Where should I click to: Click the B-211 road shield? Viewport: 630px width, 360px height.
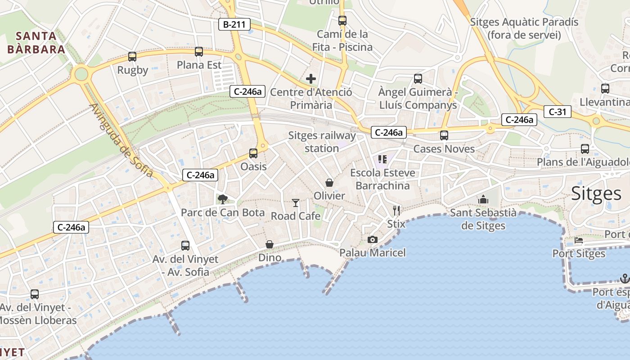pyautogui.click(x=234, y=24)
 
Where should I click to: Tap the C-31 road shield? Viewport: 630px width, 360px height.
pyautogui.click(x=557, y=112)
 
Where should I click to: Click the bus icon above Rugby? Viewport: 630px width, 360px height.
pyautogui.click(x=132, y=57)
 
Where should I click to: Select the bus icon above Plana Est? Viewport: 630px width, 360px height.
pyautogui.click(x=199, y=52)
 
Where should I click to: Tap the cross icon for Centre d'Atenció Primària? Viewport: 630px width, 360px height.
pyautogui.click(x=310, y=79)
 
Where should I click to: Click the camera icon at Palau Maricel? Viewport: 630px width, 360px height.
pyautogui.click(x=372, y=239)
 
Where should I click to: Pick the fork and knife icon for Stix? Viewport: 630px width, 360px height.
pyautogui.click(x=396, y=210)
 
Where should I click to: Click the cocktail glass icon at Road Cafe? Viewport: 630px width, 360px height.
pyautogui.click(x=295, y=203)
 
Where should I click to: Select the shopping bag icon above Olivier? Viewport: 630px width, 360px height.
pyautogui.click(x=329, y=183)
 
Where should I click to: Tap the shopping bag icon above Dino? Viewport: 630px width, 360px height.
pyautogui.click(x=269, y=244)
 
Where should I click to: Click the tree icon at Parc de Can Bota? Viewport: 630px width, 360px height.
pyautogui.click(x=222, y=199)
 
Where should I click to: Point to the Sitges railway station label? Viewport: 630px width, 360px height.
pyautogui.click(x=322, y=142)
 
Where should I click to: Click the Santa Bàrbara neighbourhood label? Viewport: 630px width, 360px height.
pyautogui.click(x=36, y=43)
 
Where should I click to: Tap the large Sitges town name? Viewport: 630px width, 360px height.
pyautogui.click(x=596, y=193)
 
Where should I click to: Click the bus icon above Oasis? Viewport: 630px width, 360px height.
pyautogui.click(x=253, y=153)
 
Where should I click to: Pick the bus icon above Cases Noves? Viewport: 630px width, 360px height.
pyautogui.click(x=444, y=135)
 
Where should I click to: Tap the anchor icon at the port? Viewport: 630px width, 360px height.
pyautogui.click(x=624, y=279)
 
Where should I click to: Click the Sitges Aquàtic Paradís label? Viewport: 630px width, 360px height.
pyautogui.click(x=524, y=28)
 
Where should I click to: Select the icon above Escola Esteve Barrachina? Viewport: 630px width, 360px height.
pyautogui.click(x=382, y=159)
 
